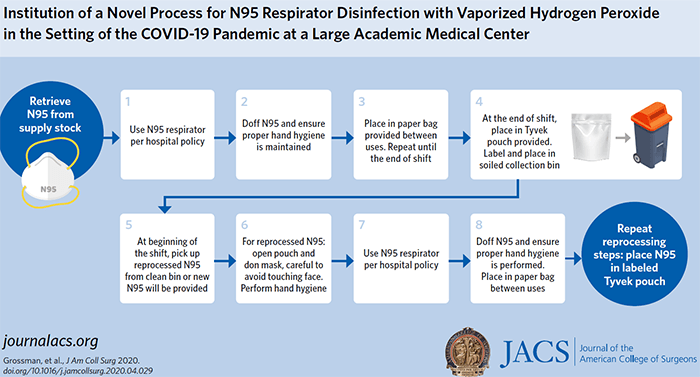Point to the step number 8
(481, 224)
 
